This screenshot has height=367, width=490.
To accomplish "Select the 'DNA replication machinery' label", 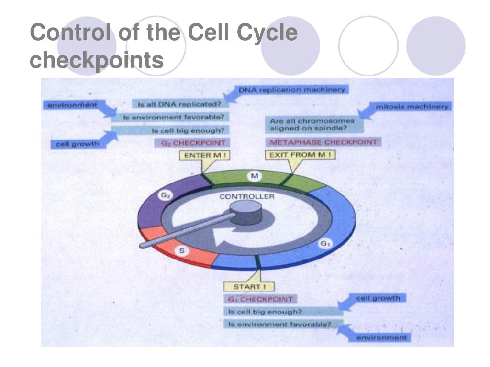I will (x=292, y=89).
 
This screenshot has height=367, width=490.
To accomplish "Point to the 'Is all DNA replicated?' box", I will (x=176, y=103).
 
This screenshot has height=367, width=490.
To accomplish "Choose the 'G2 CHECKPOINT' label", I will (x=189, y=142).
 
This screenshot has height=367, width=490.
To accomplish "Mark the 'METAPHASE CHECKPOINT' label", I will (x=323, y=142).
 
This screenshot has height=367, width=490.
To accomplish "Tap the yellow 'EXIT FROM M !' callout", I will (x=300, y=155).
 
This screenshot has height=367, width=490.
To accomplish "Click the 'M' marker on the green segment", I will (x=255, y=176).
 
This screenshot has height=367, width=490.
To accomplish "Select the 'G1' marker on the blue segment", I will (x=325, y=244).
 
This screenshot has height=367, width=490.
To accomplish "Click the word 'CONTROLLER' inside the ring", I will (x=247, y=196).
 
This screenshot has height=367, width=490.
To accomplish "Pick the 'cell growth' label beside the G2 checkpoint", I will (x=78, y=144).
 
